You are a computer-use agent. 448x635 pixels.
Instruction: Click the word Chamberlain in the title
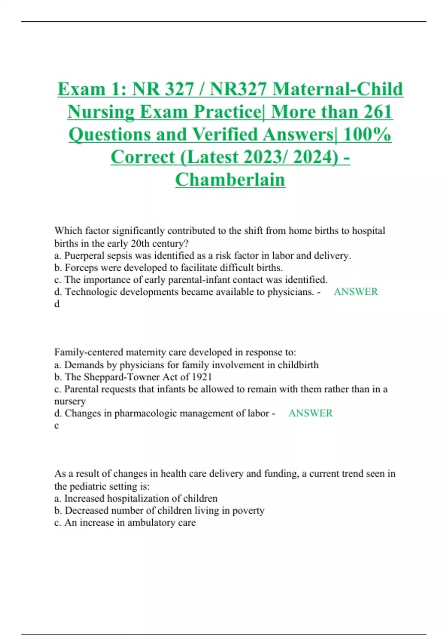pos(230,180)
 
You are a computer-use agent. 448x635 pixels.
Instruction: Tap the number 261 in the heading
pos(374,112)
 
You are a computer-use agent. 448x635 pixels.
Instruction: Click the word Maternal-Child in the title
pos(337,89)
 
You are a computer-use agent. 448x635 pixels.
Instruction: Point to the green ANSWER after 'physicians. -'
pos(355,292)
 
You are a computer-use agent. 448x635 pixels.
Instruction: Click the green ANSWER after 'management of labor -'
pos(310,413)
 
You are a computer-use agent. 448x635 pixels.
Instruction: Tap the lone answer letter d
pos(57,304)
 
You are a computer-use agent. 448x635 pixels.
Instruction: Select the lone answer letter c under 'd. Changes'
pos(56,425)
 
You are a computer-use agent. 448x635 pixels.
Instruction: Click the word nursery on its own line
pos(70,401)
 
